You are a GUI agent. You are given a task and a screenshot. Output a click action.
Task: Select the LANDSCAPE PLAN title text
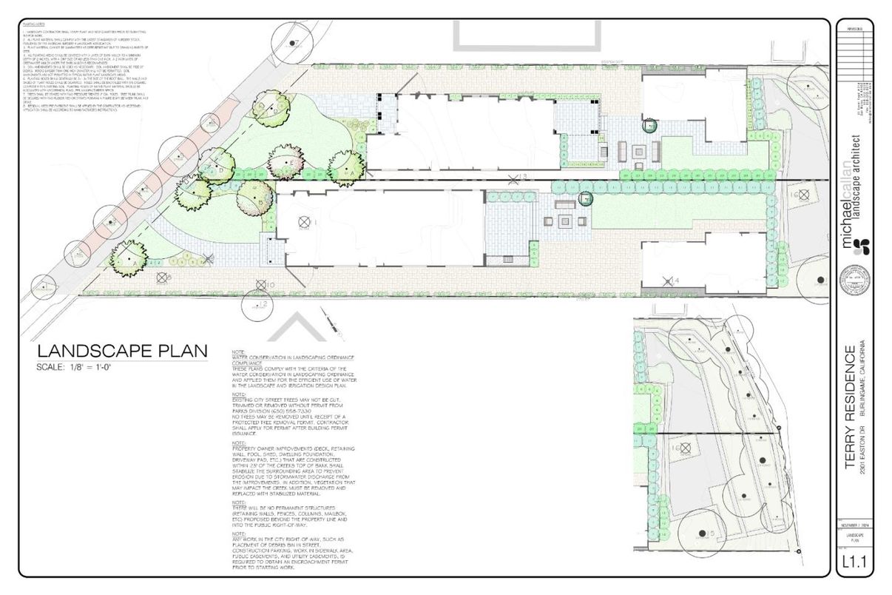(x=123, y=351)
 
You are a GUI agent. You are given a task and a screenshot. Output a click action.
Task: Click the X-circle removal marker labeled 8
(x=161, y=278)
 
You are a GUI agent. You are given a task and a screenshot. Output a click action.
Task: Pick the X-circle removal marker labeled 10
(x=260, y=283)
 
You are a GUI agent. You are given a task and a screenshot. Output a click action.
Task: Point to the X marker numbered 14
(x=669, y=280)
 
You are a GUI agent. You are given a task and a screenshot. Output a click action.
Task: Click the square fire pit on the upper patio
(x=638, y=150)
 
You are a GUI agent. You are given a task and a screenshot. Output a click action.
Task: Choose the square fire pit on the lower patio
(x=567, y=221)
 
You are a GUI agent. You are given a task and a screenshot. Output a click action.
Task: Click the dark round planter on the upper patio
(x=649, y=127)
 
